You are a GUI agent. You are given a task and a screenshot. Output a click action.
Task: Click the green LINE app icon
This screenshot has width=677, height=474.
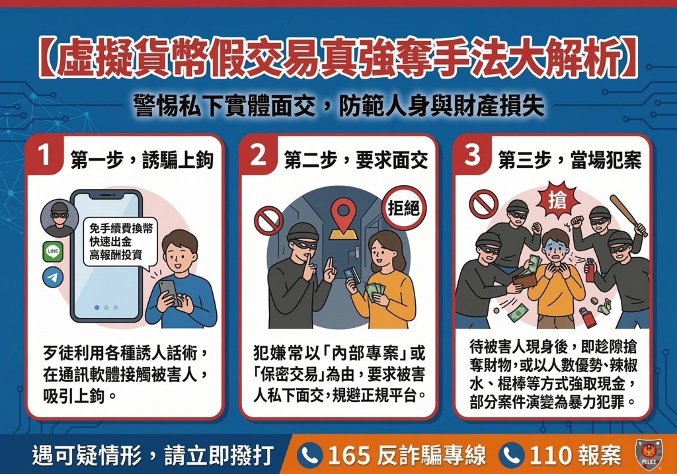[52, 252]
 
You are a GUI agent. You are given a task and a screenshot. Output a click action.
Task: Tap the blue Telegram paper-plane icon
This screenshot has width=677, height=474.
[52, 277]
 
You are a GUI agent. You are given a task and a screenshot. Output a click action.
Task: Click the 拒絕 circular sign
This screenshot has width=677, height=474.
[403, 210]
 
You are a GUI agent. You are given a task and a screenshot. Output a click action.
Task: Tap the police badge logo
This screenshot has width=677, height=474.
[647, 455]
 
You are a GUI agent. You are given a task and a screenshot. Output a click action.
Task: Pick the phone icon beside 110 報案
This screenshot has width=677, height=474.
[510, 455]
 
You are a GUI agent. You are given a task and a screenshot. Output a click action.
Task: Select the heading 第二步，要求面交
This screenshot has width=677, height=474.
[356, 159]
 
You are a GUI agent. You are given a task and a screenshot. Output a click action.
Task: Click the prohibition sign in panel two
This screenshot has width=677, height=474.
[268, 220]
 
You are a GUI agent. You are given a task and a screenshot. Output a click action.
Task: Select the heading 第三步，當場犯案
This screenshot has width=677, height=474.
[569, 159]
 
